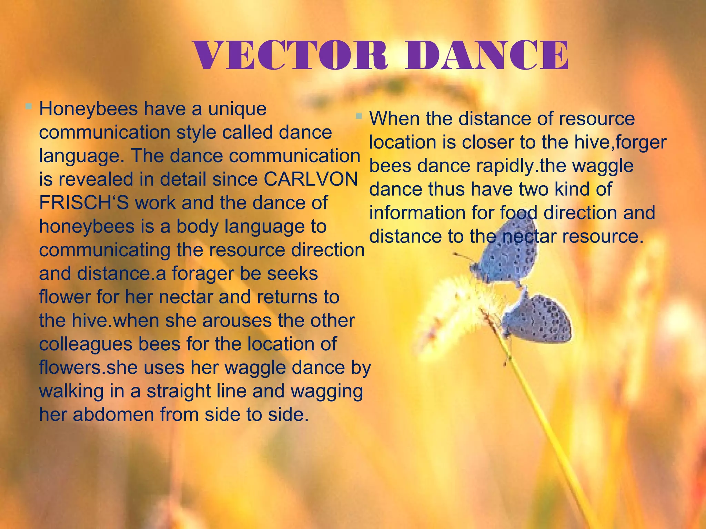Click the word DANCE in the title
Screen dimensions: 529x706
(487, 56)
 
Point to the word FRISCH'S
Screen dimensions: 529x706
(84, 203)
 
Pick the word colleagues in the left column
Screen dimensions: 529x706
(85, 344)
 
